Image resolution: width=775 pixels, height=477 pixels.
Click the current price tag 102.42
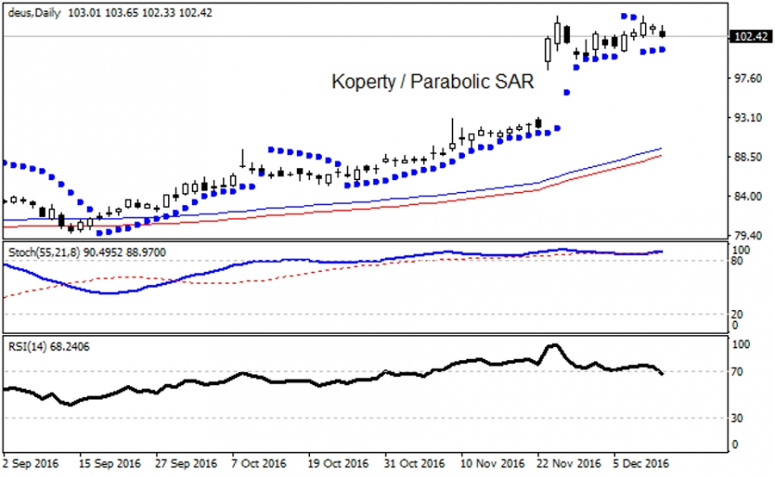click(x=748, y=37)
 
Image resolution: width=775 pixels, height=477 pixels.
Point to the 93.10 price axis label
click(x=746, y=118)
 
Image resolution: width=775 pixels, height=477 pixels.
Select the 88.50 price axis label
click(x=746, y=158)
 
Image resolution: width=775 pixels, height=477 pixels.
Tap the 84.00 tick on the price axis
click(x=746, y=196)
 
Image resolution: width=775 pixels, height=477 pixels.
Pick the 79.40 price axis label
click(x=746, y=235)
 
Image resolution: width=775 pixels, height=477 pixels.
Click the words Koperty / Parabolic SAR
click(x=433, y=83)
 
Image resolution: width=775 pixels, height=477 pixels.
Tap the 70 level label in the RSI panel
click(x=736, y=372)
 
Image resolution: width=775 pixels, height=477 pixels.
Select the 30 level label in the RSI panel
click(x=736, y=418)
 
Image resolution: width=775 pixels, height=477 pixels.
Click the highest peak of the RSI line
click(x=554, y=345)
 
